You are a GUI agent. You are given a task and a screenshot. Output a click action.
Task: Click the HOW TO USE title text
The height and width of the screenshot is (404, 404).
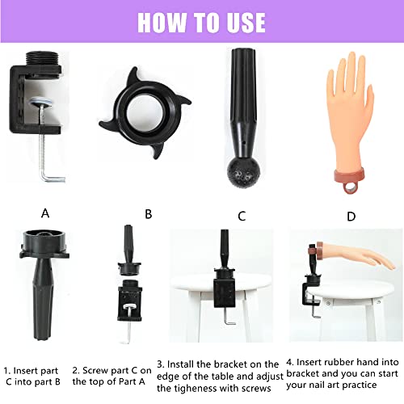[x=201, y=21]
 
